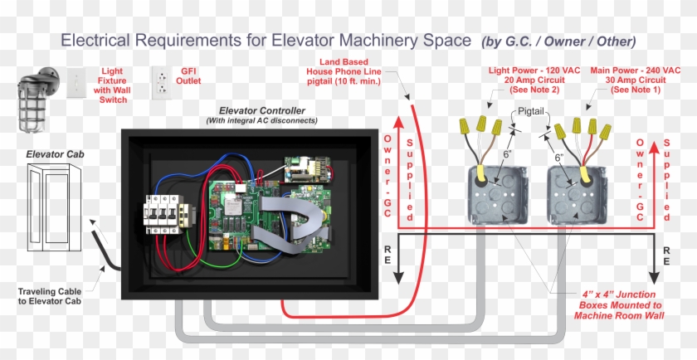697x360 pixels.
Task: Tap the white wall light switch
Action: (76, 83)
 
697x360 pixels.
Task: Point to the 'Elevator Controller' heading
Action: (261, 110)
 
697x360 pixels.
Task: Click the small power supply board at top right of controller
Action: (308, 169)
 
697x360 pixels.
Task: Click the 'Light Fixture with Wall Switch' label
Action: (112, 85)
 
